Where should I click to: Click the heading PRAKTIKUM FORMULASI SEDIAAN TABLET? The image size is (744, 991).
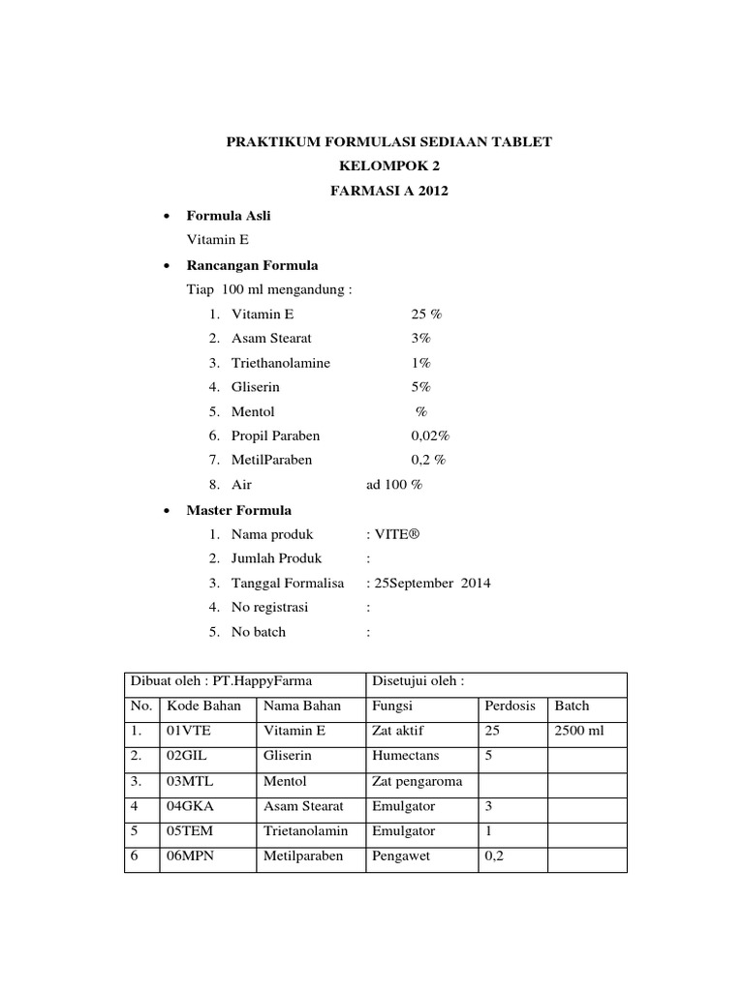(x=388, y=142)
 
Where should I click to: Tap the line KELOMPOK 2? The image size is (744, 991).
(x=388, y=166)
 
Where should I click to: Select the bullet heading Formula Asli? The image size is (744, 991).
(x=229, y=216)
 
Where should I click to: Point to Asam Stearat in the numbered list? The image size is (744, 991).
(x=272, y=339)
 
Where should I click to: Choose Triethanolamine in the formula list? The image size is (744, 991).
(x=281, y=363)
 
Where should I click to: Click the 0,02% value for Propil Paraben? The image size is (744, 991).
(x=431, y=436)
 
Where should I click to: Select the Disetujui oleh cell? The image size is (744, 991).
(x=418, y=681)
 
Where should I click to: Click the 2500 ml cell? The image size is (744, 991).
(x=578, y=731)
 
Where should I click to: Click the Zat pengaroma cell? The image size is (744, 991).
(x=416, y=781)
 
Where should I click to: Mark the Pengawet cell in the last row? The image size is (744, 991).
(x=400, y=856)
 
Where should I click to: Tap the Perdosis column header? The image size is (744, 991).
(x=510, y=706)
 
